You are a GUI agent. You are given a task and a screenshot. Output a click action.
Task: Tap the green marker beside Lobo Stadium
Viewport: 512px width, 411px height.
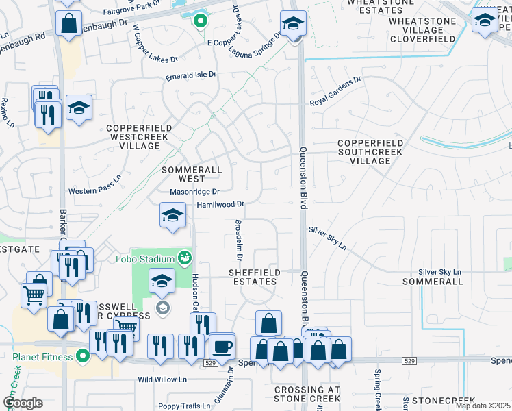[x=183, y=258]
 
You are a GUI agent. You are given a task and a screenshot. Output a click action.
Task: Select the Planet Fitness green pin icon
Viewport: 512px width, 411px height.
[x=83, y=356]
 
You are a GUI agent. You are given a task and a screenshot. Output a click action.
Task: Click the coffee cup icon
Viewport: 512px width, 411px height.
[x=221, y=345]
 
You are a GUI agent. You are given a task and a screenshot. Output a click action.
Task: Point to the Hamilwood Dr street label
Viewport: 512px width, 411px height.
[x=220, y=204]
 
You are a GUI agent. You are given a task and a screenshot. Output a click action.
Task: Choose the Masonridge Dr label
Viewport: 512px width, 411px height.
[x=194, y=192]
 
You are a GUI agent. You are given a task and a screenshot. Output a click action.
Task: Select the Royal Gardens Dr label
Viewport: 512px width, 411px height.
[x=335, y=92]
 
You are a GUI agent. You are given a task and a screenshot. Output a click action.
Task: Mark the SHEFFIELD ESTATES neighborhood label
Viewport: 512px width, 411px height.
[x=254, y=277]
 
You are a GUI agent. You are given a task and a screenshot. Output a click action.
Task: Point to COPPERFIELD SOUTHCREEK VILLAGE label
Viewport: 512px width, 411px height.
[x=370, y=152]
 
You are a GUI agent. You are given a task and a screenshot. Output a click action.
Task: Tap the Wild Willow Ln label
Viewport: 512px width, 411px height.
[x=163, y=379]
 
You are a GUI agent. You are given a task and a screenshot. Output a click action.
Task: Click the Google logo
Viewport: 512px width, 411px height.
[x=23, y=403]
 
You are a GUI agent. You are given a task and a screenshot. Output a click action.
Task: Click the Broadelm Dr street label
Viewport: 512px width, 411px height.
[x=239, y=240]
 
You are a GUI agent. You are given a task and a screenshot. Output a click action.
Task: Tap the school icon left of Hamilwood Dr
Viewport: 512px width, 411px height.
[x=172, y=215]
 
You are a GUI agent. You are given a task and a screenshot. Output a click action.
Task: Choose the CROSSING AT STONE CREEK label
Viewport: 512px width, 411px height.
[x=307, y=394]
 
